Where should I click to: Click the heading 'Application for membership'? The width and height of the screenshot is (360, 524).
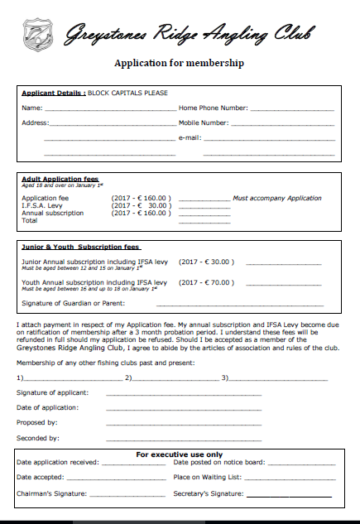179,63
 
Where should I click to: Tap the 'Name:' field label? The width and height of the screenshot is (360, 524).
31,108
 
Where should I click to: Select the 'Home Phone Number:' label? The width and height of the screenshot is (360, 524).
214,108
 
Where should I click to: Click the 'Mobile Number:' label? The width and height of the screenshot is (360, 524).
206,123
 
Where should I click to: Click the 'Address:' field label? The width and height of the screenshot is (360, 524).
36,123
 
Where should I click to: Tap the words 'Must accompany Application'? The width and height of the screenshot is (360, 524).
277,199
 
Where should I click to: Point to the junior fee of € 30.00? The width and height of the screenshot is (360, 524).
206,261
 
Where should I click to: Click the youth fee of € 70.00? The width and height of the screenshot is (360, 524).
206,282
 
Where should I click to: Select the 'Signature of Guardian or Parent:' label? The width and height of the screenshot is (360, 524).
65,303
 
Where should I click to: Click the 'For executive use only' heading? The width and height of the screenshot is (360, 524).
179,454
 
